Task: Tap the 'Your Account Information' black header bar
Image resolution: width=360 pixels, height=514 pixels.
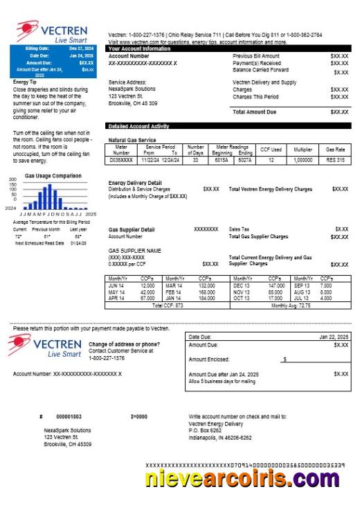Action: tap(139, 48)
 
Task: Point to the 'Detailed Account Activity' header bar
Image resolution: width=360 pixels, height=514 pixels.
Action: tap(138, 127)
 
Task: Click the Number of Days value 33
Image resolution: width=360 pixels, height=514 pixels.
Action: tap(195, 160)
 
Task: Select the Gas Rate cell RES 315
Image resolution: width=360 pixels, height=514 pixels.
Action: tap(335, 160)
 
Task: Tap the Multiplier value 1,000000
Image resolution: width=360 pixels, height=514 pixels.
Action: tap(302, 160)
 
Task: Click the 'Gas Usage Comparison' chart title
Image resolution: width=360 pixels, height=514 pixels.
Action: tap(52, 176)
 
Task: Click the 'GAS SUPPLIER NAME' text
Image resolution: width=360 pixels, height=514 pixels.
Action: tap(135, 250)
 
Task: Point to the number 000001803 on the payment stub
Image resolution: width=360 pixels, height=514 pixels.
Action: tap(69, 417)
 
